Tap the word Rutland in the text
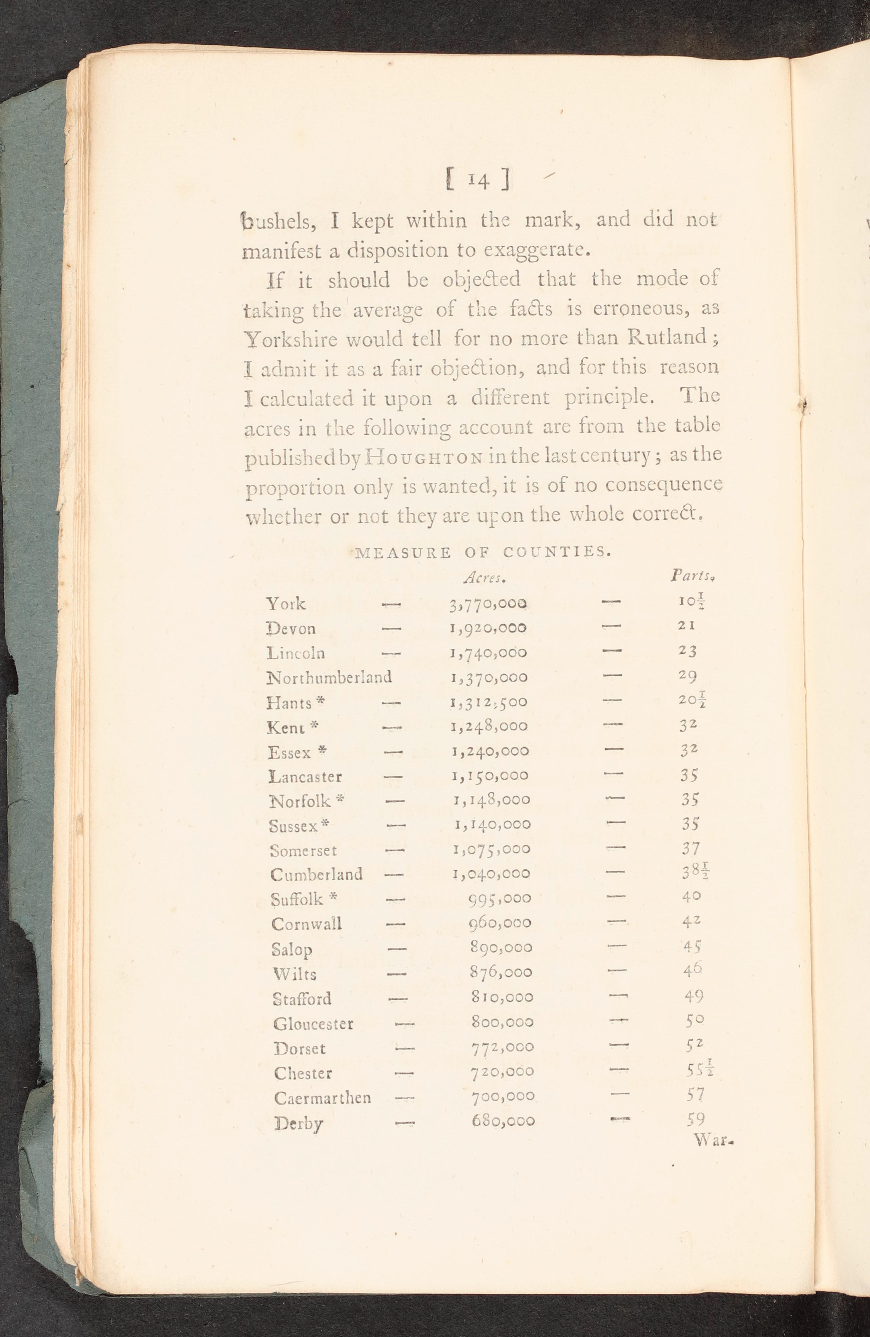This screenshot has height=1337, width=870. [x=667, y=337]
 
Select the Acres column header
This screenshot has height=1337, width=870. [x=486, y=578]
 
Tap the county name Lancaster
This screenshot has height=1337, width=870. [x=305, y=777]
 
